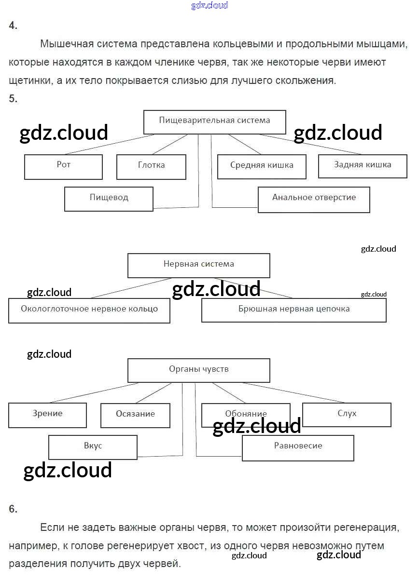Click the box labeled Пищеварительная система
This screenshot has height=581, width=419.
(x=214, y=122)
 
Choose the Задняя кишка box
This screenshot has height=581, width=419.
(x=363, y=165)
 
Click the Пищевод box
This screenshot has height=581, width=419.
(x=109, y=198)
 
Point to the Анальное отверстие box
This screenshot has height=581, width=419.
(x=314, y=199)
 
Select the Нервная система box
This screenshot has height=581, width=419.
(x=198, y=265)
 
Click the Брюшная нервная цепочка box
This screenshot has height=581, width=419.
(x=293, y=310)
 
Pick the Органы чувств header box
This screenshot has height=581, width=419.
(x=198, y=370)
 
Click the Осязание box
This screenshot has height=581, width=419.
(x=135, y=415)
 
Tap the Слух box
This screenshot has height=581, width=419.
(x=347, y=414)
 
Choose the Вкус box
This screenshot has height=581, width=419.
(x=93, y=446)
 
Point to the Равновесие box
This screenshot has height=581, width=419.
(x=298, y=447)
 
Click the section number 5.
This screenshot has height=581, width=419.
(x=13, y=99)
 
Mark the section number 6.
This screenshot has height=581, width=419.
(x=13, y=509)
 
